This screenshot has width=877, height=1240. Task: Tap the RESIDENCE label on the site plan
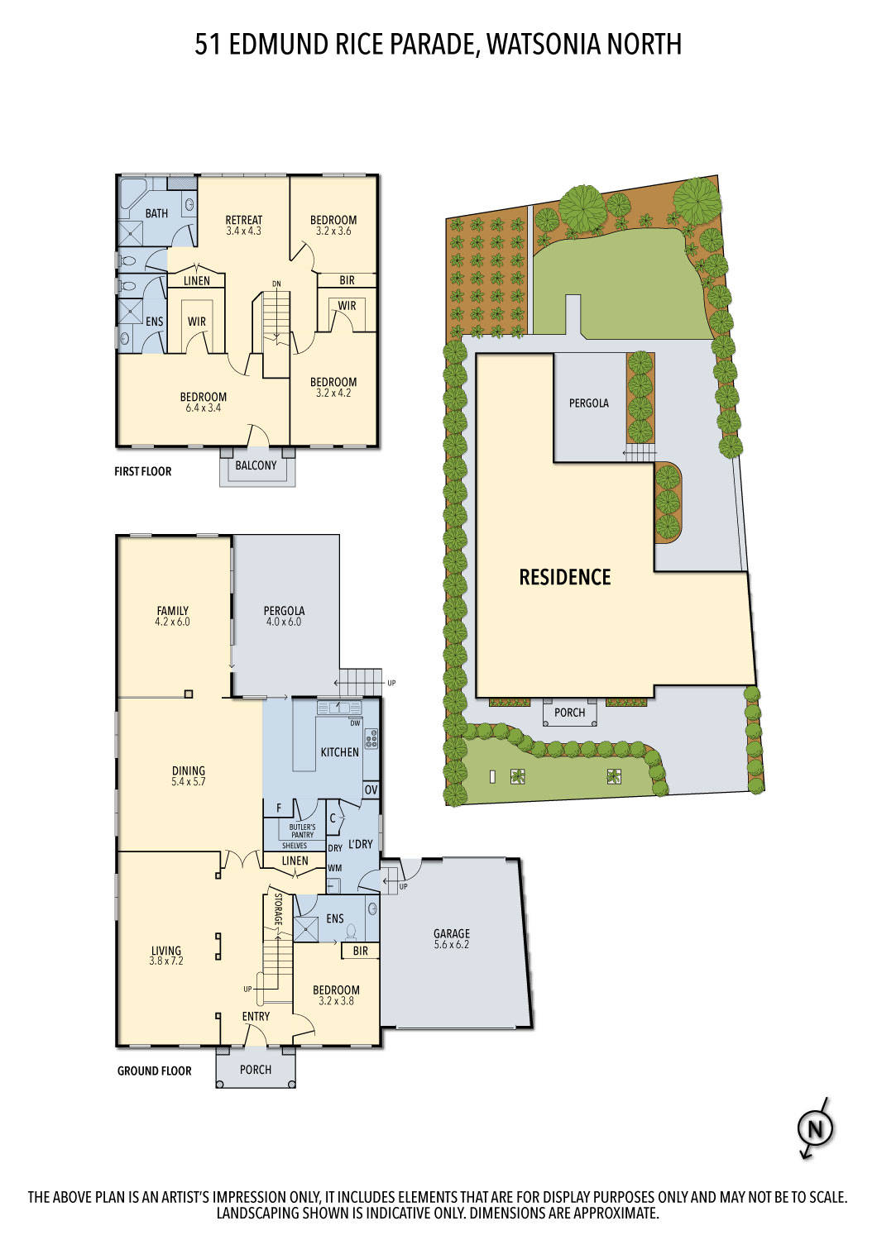pos(565,577)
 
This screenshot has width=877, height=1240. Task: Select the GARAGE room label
pos(451,933)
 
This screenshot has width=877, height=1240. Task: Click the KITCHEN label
pos(340,752)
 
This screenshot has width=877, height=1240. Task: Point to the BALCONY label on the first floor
pos(256,465)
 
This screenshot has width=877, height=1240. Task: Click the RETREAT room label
pos(244,220)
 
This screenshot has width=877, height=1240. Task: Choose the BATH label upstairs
pos(156,213)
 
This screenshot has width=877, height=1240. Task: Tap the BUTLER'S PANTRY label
pos(302,831)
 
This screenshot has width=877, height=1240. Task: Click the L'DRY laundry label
pos(361,844)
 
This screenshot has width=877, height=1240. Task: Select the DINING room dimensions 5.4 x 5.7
pos(188,781)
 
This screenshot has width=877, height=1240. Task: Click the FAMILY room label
pos(172,611)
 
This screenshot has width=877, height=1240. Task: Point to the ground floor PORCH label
pos(256,1070)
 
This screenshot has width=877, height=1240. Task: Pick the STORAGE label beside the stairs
pos(278,909)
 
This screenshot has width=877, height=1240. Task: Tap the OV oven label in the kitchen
pos(371,790)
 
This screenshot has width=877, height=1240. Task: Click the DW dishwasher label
pos(356,723)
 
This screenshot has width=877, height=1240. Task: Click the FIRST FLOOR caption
pos(143,471)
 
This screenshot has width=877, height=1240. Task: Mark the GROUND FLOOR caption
pos(154,1071)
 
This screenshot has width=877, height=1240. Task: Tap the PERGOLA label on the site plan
pos(588,403)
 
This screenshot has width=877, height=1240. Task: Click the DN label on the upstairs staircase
pos(276,284)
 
